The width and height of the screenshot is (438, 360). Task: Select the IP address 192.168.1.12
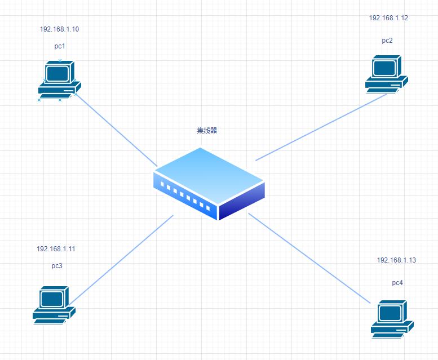[x=388, y=18]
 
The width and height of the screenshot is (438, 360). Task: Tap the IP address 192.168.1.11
[x=55, y=248]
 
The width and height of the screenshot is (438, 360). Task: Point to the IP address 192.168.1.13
[x=396, y=260]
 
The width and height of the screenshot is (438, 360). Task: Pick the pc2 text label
[x=387, y=40]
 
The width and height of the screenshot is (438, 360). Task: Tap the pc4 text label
[x=397, y=282]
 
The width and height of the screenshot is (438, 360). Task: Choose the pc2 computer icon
[x=386, y=73]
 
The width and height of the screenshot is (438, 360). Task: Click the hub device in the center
[x=209, y=183]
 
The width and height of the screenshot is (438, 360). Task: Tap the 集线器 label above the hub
[x=207, y=130]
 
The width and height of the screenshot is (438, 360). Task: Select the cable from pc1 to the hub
[x=116, y=130]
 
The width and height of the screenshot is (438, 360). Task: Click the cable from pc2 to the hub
[x=321, y=127]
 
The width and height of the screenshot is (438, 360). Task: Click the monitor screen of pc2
[x=383, y=67]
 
